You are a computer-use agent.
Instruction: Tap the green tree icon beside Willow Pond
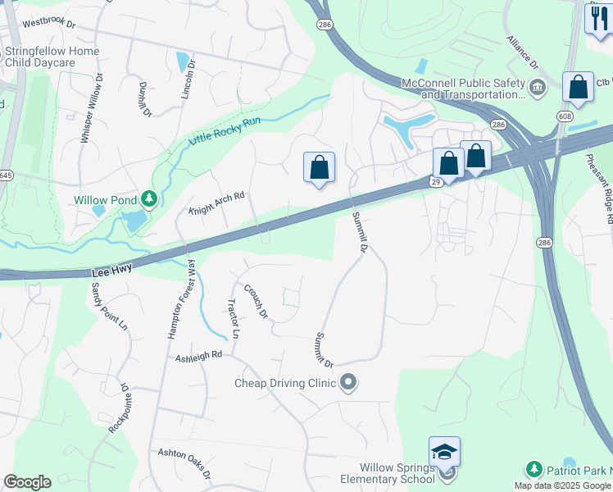[148, 198]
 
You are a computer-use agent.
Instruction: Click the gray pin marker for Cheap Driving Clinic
[349, 383]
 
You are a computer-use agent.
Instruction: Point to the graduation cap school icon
[444, 451]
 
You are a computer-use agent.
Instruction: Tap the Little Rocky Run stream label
[225, 130]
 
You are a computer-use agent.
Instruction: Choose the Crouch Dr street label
[257, 300]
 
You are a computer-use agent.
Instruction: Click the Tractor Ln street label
[232, 318]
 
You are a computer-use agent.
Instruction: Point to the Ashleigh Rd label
[198, 356]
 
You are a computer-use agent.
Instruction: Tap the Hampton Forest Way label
[181, 299]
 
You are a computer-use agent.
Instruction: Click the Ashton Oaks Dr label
[184, 464]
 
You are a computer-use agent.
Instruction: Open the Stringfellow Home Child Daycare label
[52, 57]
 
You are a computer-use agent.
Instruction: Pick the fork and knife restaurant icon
[598, 18]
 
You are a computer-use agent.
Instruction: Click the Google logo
[27, 482]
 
